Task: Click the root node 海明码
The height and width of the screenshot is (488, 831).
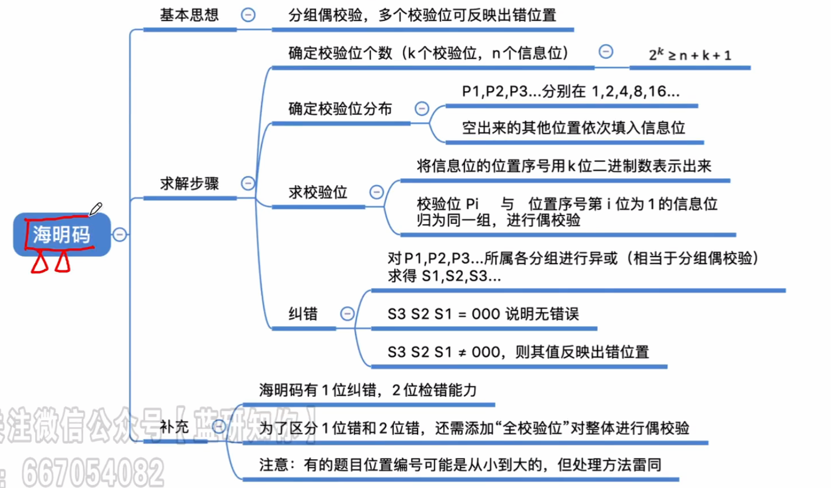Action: (61, 235)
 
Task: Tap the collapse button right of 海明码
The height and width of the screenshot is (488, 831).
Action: (120, 235)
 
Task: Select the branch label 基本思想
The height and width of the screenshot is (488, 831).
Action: (189, 15)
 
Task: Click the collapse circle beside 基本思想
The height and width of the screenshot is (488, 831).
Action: (248, 15)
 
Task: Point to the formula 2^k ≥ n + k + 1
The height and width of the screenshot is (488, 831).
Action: (690, 55)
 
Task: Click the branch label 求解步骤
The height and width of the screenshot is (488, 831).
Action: (189, 183)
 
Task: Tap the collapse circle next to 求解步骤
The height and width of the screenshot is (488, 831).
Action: (248, 183)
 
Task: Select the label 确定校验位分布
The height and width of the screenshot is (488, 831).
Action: (340, 109)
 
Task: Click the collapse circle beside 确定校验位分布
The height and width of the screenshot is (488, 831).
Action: (422, 109)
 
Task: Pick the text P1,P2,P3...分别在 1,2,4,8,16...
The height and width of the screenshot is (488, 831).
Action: (571, 92)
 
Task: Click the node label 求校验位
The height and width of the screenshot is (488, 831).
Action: (317, 192)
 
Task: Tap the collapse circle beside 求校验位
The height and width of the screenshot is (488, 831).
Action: (377, 192)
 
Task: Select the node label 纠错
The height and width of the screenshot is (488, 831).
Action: (303, 314)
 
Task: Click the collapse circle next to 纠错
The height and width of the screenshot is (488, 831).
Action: (347, 314)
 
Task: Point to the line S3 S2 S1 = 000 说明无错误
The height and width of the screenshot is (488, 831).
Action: (483, 314)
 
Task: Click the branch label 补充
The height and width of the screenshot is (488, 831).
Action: (174, 427)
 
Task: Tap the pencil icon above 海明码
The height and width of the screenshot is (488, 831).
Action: (95, 209)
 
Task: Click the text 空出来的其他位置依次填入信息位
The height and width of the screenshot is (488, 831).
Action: (573, 128)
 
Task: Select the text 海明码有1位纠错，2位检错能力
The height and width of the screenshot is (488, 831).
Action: (368, 390)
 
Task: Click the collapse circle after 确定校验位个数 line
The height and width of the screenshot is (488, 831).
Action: (606, 52)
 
